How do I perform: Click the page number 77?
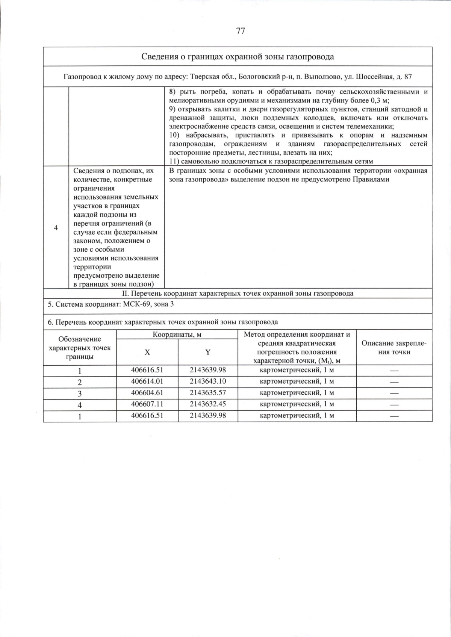(x=241, y=31)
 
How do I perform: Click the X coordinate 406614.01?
(x=147, y=381)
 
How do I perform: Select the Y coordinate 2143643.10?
(x=208, y=381)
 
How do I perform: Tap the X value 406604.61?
(x=147, y=393)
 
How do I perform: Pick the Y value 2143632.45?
(x=208, y=404)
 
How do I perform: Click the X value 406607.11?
(x=147, y=404)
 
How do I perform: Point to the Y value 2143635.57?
(x=208, y=393)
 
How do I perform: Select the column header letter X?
(x=147, y=352)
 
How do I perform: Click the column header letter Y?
(x=208, y=352)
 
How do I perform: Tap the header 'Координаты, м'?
(x=177, y=334)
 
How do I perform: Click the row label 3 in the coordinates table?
(x=80, y=393)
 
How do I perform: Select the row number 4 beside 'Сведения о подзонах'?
(x=56, y=228)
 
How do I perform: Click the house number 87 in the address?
(x=408, y=77)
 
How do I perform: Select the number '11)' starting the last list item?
(x=175, y=162)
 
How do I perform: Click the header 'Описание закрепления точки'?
(x=394, y=348)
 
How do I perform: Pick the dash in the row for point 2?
(x=394, y=382)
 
